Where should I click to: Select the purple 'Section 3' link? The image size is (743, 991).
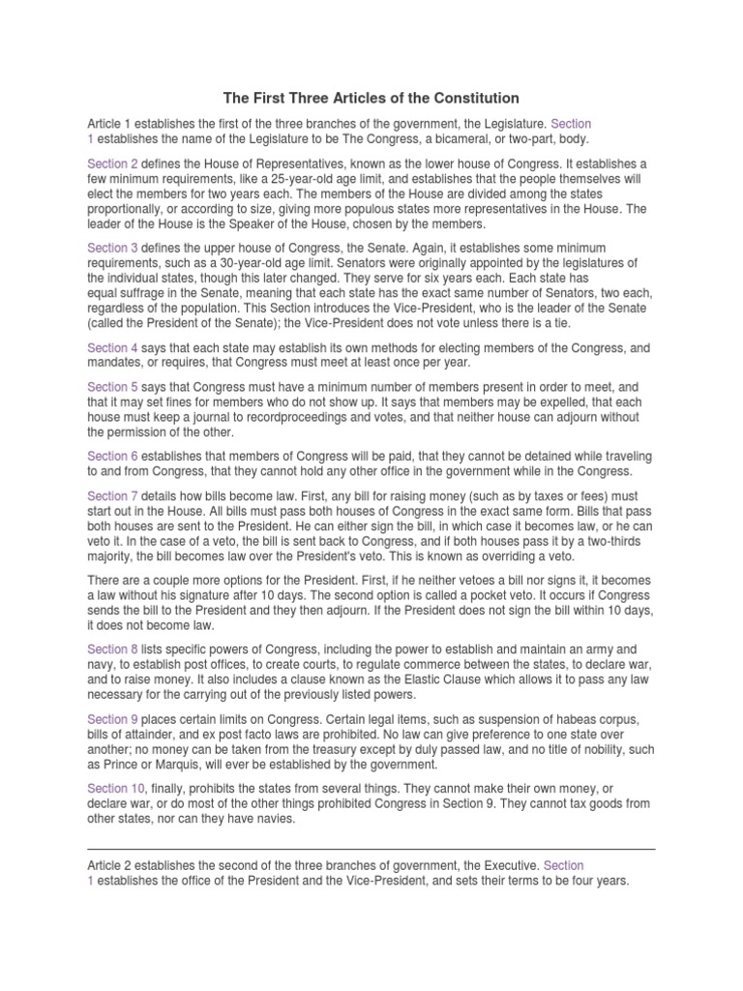(x=113, y=249)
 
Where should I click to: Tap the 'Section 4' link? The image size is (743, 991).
(x=113, y=347)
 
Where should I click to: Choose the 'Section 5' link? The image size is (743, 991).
(x=113, y=385)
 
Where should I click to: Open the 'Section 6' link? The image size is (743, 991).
(x=113, y=456)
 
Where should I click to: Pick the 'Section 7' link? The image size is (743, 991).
(x=113, y=495)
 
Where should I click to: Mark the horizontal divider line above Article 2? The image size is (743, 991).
(x=371, y=849)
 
